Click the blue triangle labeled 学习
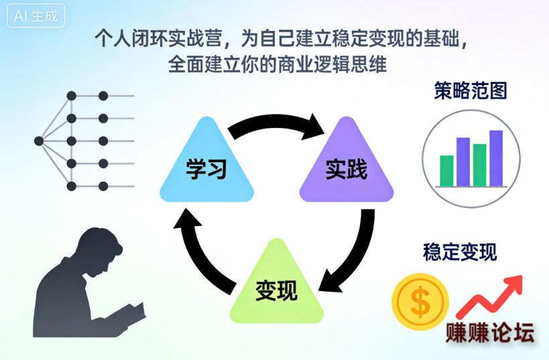pyautogui.click(x=207, y=166)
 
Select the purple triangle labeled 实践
pyautogui.click(x=346, y=166)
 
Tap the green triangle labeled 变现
pyautogui.click(x=276, y=288)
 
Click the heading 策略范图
pyautogui.click(x=470, y=91)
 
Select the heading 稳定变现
pyautogui.click(x=460, y=253)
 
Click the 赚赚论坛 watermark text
pyautogui.click(x=490, y=333)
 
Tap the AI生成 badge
pyautogui.click(x=36, y=17)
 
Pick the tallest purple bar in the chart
pyautogui.click(x=496, y=158)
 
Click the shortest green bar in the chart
pyautogui.click(x=446, y=171)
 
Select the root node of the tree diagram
pyautogui.click(x=39, y=141)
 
